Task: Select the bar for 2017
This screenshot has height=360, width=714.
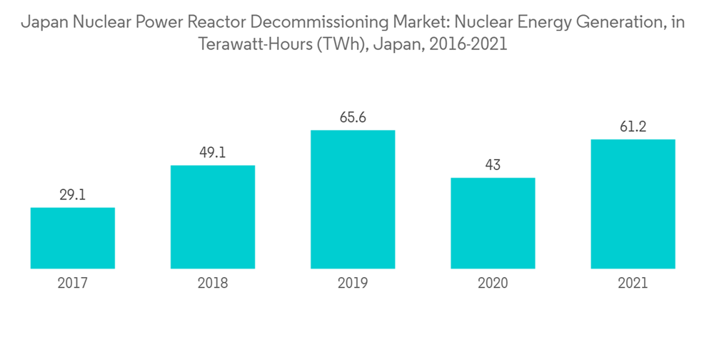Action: coord(72,238)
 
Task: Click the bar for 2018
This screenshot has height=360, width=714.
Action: coord(213,217)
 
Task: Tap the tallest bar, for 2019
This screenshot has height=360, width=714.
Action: coord(353,199)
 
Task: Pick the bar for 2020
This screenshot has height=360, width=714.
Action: coord(493,223)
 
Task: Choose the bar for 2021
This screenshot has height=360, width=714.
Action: coord(633,204)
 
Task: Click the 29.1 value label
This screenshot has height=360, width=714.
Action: coord(72,194)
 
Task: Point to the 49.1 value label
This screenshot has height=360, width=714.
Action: coord(213,152)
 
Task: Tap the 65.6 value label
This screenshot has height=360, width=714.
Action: coord(353,117)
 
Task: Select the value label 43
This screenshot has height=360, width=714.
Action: coord(493,164)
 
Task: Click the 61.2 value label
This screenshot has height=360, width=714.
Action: coord(633,126)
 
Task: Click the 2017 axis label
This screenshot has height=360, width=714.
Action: coord(72,284)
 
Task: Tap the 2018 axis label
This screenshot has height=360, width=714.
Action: coord(213,284)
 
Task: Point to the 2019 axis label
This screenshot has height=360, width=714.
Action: coord(353,284)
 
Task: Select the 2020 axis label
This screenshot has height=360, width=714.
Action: coord(493,284)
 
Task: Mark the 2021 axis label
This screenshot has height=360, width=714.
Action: coord(633,284)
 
